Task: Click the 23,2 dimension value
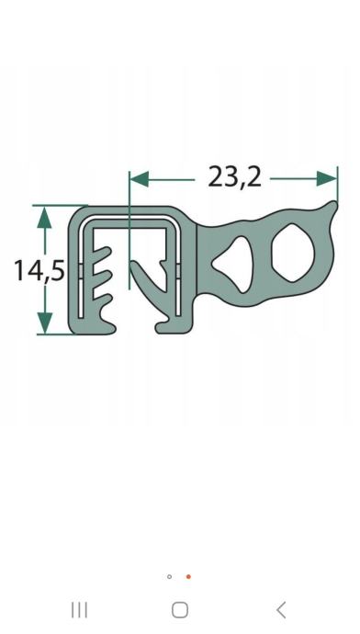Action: pyautogui.click(x=234, y=177)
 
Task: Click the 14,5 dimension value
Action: pyautogui.click(x=39, y=270)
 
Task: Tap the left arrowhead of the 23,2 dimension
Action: pyautogui.click(x=140, y=179)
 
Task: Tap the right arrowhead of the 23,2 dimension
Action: pyautogui.click(x=326, y=179)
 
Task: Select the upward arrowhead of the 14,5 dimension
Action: pyautogui.click(x=44, y=217)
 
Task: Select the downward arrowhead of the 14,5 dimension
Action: pyautogui.click(x=44, y=323)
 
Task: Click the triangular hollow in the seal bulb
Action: pyautogui.click(x=232, y=265)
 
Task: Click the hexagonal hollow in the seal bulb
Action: pyautogui.click(x=293, y=259)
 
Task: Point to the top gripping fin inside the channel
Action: pyautogui.click(x=101, y=255)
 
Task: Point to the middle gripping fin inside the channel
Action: pyautogui.click(x=101, y=278)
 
